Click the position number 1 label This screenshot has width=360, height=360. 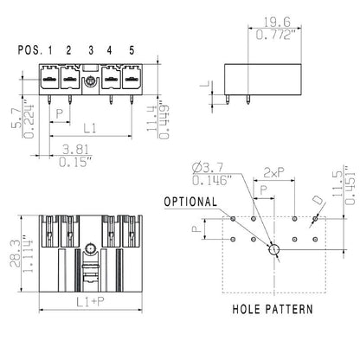50,49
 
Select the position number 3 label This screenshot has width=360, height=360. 91,49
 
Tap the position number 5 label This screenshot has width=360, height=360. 131,49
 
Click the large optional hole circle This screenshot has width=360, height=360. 273,249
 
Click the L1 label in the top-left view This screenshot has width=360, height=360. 89,127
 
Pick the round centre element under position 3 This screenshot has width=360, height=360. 90,83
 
